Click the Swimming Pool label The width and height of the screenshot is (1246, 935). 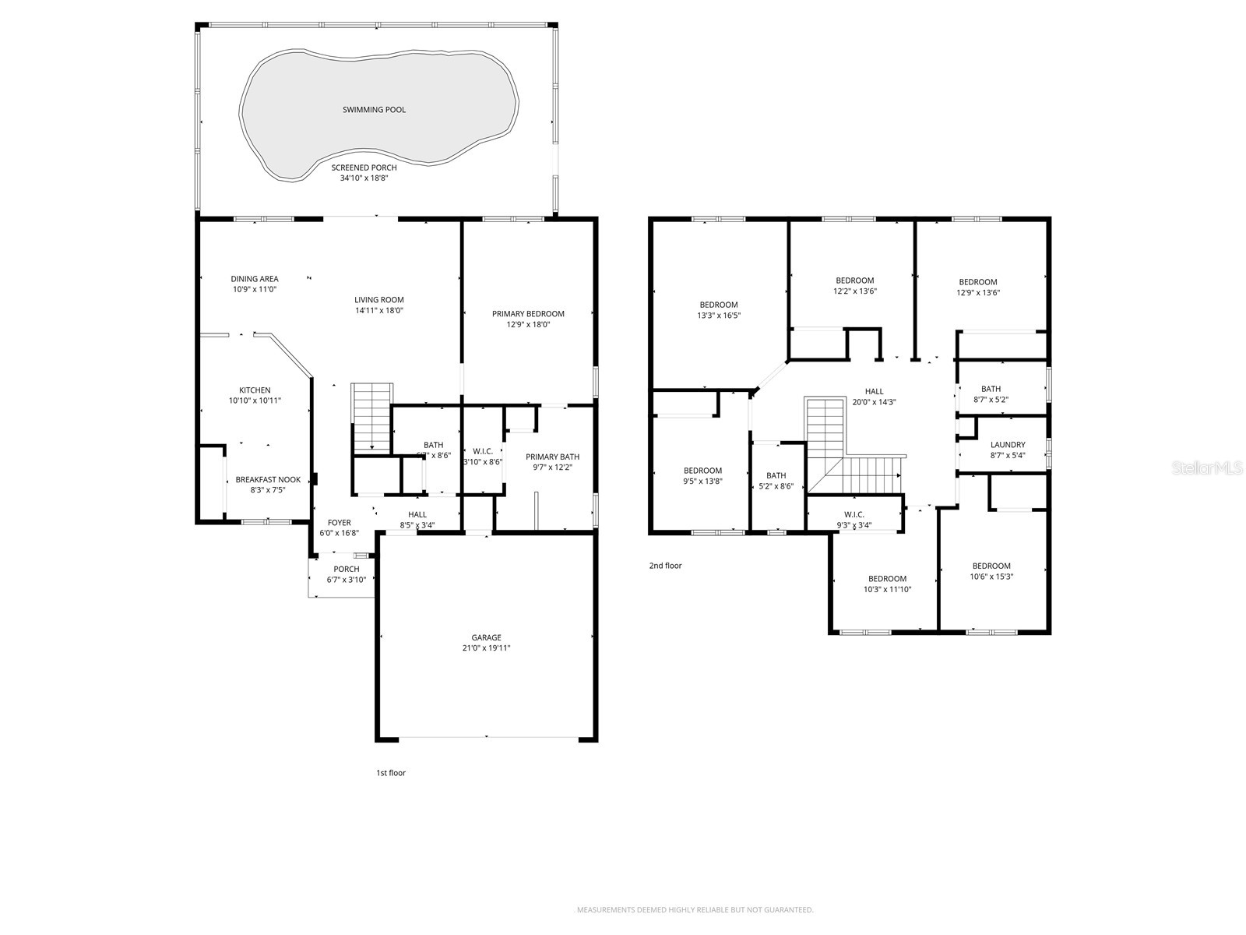[374, 110]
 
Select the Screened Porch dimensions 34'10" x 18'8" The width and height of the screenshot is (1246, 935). [364, 178]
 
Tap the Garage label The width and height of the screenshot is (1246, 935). [486, 637]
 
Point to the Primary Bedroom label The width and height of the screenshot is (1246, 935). [528, 314]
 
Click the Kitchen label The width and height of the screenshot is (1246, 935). [255, 390]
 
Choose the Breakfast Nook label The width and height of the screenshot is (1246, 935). [268, 480]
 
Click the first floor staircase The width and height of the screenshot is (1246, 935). [372, 417]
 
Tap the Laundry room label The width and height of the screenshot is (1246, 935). [1008, 445]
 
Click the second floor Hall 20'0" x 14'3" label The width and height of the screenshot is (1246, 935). [874, 391]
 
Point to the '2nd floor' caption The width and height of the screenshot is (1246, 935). [665, 566]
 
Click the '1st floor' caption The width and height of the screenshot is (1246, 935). [391, 773]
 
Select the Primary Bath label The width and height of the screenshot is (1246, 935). [552, 457]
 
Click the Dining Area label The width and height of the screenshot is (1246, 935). [255, 279]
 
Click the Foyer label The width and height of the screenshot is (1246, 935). [339, 523]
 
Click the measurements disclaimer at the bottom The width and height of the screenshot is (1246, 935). [694, 909]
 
